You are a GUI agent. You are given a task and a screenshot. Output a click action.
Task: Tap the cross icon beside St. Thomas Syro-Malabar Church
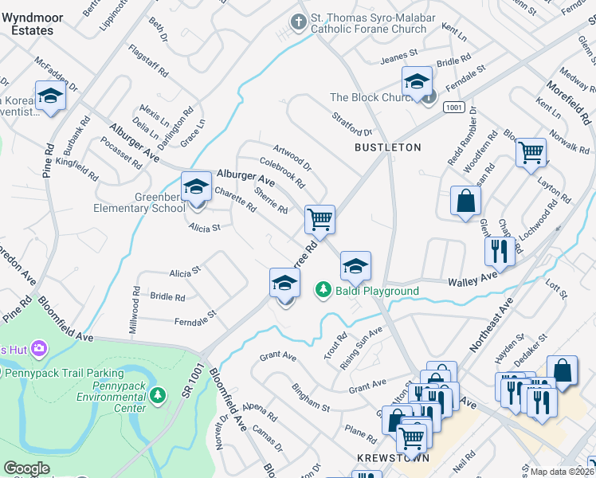300,22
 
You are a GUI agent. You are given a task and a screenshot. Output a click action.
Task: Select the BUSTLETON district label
387,147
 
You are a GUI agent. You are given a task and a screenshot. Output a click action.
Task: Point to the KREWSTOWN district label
393,458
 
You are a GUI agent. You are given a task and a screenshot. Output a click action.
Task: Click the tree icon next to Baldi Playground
323,290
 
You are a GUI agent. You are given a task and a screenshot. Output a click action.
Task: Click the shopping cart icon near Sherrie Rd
320,219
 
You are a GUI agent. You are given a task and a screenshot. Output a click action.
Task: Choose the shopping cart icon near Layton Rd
530,151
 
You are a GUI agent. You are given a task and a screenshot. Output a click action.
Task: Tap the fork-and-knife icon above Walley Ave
500,251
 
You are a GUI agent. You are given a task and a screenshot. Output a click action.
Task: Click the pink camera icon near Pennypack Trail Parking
39,349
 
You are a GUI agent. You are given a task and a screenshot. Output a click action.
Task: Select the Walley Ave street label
472,282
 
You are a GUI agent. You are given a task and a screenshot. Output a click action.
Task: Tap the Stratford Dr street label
352,123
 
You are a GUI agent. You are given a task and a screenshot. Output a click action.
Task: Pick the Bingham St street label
310,396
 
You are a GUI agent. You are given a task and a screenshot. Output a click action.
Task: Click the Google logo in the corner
26,468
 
